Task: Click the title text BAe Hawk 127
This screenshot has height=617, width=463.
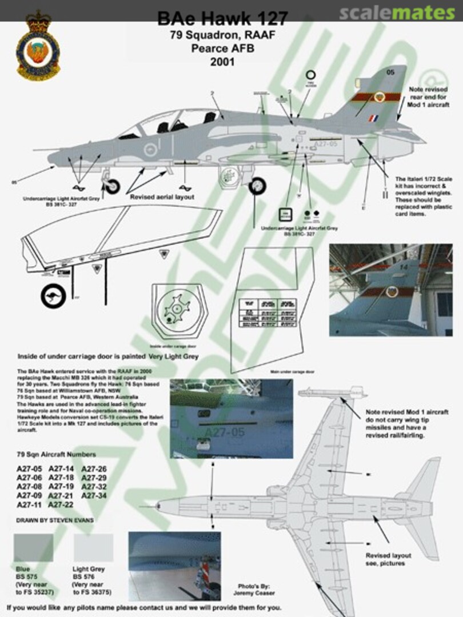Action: [x=222, y=19]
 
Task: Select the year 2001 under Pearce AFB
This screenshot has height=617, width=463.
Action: [x=222, y=62]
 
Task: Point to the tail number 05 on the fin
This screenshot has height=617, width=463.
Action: [x=390, y=72]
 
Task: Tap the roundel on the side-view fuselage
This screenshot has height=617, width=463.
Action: [x=150, y=150]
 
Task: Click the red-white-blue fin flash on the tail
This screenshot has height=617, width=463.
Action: [x=373, y=118]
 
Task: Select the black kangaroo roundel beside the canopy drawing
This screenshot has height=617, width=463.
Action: [x=53, y=297]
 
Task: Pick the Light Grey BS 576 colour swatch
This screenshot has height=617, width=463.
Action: [x=94, y=548]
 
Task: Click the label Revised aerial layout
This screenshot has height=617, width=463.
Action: [x=162, y=197]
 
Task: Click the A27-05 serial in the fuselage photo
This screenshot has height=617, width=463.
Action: [x=224, y=432]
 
